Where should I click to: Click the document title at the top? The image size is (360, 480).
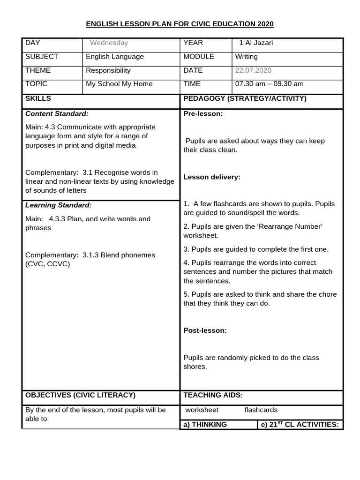click(180, 24)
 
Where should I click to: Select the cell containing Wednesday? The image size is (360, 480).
click(109, 43)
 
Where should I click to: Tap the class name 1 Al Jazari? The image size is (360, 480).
click(256, 43)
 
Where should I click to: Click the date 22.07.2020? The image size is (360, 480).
click(253, 70)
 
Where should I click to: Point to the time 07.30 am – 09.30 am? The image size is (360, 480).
click(269, 84)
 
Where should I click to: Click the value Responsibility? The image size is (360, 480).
click(108, 70)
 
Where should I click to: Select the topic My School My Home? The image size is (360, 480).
click(119, 84)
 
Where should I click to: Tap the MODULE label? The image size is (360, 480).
click(199, 57)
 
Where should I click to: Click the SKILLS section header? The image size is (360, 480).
click(38, 98)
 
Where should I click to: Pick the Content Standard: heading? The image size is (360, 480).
click(57, 113)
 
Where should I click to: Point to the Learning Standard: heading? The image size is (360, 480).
click(59, 205)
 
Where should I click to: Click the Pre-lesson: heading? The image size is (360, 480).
click(203, 113)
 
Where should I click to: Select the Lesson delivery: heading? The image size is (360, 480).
click(212, 177)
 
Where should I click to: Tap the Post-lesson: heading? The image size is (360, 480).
click(205, 330)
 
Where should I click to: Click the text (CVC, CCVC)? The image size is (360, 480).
click(47, 264)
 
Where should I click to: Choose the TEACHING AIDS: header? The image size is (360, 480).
click(213, 395)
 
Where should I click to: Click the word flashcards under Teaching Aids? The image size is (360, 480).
click(261, 410)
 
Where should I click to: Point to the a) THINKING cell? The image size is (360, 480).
click(205, 425)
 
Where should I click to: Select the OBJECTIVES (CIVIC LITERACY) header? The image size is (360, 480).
click(80, 395)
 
